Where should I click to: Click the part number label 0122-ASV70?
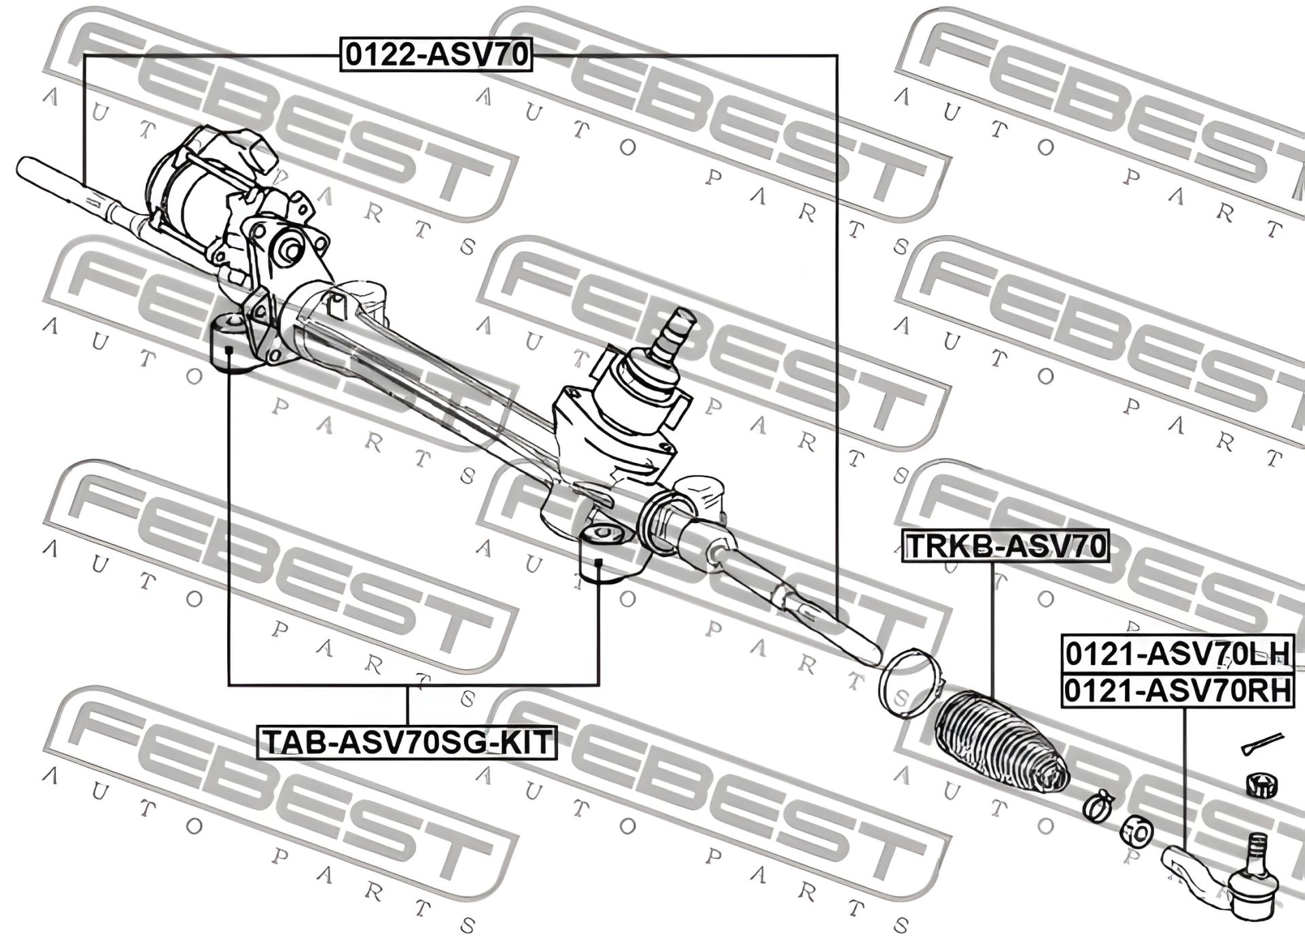click(436, 55)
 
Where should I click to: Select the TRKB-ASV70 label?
click(1005, 546)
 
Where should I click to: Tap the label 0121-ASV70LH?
click(1177, 653)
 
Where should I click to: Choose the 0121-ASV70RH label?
click(1177, 691)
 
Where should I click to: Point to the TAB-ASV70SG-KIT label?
click(406, 742)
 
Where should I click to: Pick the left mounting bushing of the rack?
click(231, 343)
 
